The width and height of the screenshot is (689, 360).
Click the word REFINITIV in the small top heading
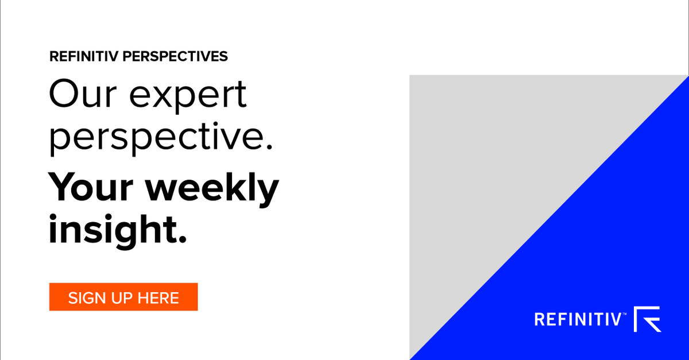[84, 56]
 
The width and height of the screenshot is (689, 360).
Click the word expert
[188, 95]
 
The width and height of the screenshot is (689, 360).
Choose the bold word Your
[90, 187]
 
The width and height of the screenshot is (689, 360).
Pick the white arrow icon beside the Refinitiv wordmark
[648, 319]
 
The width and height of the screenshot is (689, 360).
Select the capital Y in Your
[62, 187]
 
